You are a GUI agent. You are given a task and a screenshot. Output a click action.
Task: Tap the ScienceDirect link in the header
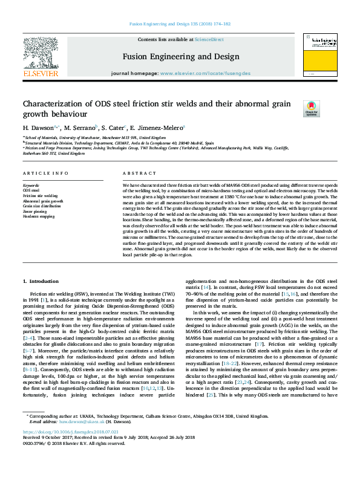point(209,39)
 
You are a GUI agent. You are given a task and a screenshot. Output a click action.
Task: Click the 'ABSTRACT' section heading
point(136,173)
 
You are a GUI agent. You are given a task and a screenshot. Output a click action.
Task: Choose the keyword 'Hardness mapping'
point(39,216)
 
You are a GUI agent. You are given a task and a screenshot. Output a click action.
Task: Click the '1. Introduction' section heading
point(41,282)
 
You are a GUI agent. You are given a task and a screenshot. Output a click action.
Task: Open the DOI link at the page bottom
point(65,449)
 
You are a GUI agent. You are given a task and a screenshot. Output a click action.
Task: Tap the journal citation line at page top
point(180,24)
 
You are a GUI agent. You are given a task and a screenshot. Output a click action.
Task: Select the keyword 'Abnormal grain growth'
point(42,201)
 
